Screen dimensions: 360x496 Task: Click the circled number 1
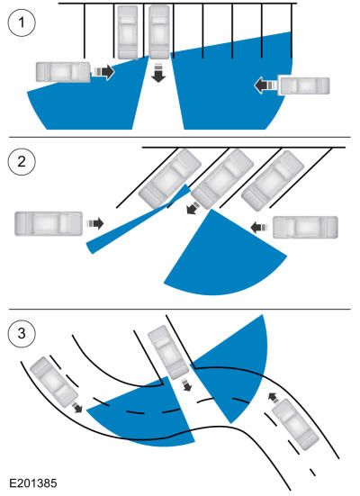[x=22, y=23]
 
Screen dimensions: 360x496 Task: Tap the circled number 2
[x=22, y=162]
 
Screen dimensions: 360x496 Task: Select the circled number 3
[x=22, y=333]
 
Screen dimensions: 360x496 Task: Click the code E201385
[x=33, y=483]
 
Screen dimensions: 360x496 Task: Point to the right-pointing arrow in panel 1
[x=103, y=72]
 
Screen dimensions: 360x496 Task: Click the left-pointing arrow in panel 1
[x=265, y=86]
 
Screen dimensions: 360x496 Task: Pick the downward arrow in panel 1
[x=158, y=73]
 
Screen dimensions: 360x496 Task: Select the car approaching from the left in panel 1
[x=63, y=72]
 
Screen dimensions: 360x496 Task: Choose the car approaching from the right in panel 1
[x=303, y=86]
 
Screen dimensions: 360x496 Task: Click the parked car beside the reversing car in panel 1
[x=128, y=32]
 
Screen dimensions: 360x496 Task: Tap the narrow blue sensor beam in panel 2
[x=139, y=219]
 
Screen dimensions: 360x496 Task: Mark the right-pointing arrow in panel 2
[x=95, y=223]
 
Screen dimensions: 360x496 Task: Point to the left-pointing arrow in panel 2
[x=259, y=227]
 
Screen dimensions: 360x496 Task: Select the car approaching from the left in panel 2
[x=49, y=223]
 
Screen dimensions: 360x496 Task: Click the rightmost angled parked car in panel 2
[x=273, y=181]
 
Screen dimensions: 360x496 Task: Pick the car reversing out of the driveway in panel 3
[x=168, y=352]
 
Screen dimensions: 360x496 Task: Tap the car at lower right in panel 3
[x=295, y=425]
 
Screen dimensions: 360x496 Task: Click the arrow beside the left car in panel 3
[x=76, y=407]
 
